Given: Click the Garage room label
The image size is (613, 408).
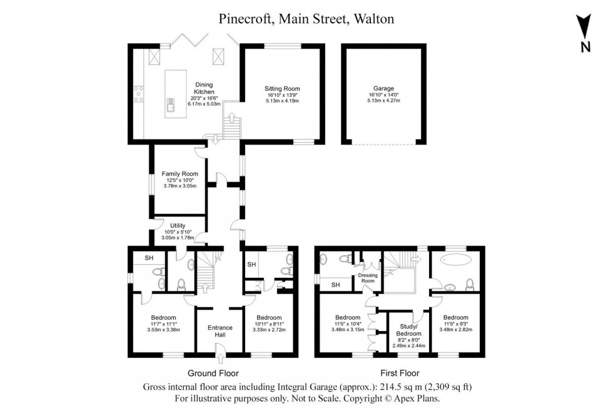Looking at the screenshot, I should pyautogui.click(x=381, y=88).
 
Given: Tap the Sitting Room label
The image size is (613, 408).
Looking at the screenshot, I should pyautogui.click(x=282, y=88).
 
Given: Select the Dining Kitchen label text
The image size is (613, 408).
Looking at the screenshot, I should pyautogui.click(x=204, y=88).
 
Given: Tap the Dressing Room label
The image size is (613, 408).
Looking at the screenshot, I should pyautogui.click(x=366, y=278).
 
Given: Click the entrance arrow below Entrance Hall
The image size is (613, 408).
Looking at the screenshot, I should pyautogui.click(x=220, y=359).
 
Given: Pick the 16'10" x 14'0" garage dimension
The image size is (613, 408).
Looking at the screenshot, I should pyautogui.click(x=381, y=94).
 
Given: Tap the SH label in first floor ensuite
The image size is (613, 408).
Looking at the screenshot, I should pyautogui.click(x=335, y=285).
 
